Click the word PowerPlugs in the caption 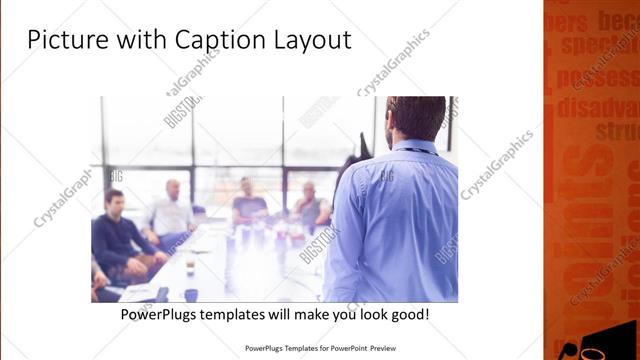[x=161, y=315]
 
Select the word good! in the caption [x=408, y=315]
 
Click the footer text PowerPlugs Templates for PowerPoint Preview [x=320, y=349]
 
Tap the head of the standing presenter [x=416, y=118]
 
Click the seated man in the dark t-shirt [x=248, y=204]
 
